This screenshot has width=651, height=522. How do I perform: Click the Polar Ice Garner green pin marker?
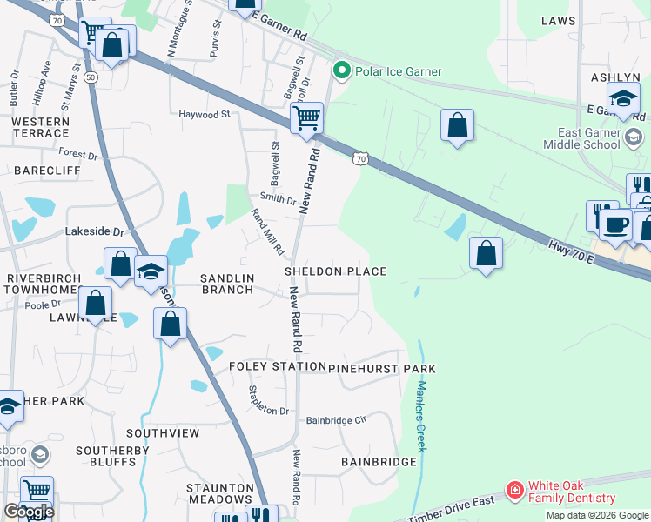341,70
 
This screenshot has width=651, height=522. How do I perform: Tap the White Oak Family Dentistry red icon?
514,492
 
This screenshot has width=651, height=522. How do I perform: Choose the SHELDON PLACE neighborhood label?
336,271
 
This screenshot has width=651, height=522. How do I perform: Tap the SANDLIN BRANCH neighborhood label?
227,284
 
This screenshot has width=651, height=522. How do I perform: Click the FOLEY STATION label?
276,367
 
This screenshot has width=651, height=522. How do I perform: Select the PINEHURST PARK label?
382,369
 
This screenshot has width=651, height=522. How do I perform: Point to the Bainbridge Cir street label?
337,420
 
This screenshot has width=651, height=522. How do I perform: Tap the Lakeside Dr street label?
95,232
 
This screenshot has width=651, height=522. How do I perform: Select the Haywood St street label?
204,114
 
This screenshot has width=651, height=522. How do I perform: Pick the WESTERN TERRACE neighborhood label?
40,127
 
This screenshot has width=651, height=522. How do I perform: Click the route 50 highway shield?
91,77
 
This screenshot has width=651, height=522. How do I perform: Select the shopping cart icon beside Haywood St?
306,119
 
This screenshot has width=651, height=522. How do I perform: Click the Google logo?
29,512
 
